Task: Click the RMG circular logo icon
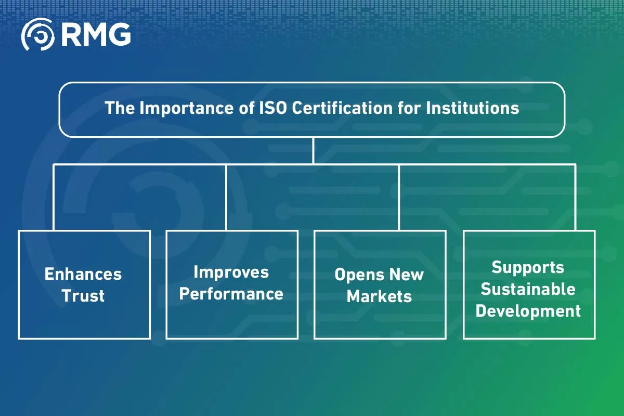(37, 34)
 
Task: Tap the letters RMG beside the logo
(96, 34)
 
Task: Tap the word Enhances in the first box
(83, 274)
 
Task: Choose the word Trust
(83, 296)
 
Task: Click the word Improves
(231, 272)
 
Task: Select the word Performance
(231, 294)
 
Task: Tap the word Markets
(380, 296)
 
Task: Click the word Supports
(528, 267)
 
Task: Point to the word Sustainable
(528, 289)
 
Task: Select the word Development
(528, 311)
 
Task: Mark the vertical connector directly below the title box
(313, 151)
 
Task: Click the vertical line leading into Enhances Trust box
(54, 198)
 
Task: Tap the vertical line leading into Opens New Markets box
(399, 198)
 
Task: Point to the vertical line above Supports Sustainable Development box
(575, 198)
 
